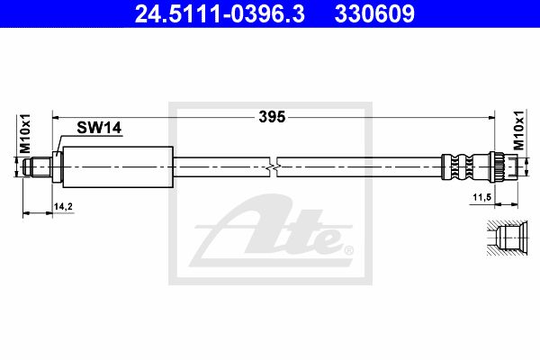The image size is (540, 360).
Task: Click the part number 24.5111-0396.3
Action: pyautogui.click(x=220, y=14)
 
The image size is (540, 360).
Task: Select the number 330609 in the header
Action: pyautogui.click(x=374, y=14)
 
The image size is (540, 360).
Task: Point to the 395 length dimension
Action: pyautogui.click(x=272, y=117)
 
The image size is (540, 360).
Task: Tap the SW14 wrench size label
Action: pyautogui.click(x=99, y=128)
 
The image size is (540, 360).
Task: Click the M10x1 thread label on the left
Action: pyautogui.click(x=25, y=134)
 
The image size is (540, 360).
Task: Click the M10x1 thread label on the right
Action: pyautogui.click(x=518, y=130)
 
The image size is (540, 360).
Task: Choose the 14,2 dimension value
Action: pyautogui.click(x=63, y=206)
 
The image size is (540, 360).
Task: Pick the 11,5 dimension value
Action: pyautogui.click(x=481, y=197)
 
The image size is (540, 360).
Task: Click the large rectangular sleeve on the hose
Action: pyautogui.click(x=118, y=167)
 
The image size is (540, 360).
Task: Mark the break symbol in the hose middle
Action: pyautogui.click(x=273, y=167)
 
